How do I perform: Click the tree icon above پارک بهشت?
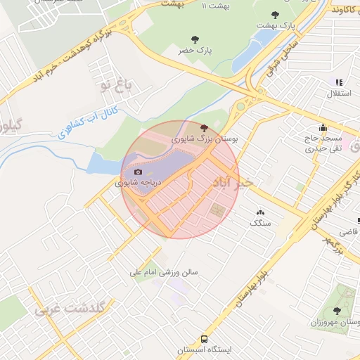click(274, 13)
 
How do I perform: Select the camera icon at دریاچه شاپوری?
click(138, 172)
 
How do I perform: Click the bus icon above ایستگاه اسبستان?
click(204, 337)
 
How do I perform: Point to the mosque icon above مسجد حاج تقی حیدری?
click(323, 127)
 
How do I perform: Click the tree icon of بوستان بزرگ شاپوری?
click(204, 128)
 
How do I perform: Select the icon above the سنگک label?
click(261, 212)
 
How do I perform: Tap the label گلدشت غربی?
click(70, 309)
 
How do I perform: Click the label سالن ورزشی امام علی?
click(164, 271)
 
